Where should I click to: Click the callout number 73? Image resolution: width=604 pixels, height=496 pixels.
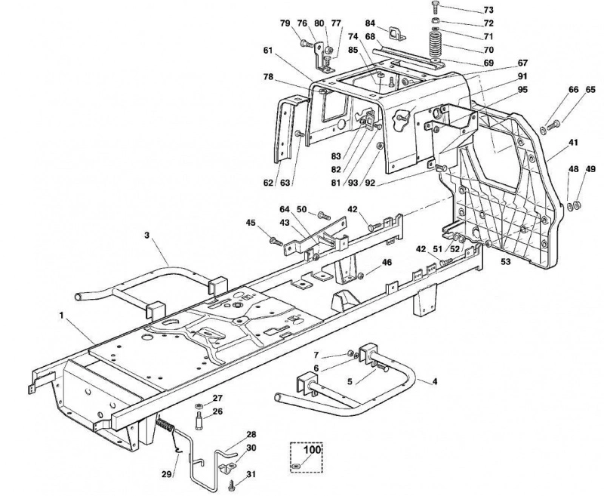tap(488, 10)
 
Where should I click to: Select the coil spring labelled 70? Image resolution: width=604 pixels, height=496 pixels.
tap(436, 45)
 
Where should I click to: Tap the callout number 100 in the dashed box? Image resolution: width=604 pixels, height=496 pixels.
tap(313, 450)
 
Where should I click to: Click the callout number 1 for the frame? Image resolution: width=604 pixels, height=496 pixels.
tap(61, 316)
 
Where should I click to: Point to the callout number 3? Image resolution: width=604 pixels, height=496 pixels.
tap(146, 235)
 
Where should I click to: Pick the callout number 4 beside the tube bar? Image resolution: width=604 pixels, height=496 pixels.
tap(435, 381)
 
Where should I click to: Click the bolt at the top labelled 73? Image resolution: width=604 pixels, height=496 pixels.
tap(436, 8)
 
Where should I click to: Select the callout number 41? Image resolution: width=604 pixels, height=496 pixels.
tap(574, 143)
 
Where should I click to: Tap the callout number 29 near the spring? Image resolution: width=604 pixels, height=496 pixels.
tap(166, 474)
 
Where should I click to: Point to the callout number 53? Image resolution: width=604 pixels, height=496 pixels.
tap(505, 261)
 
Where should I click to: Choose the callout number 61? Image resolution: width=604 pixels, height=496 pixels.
tap(268, 50)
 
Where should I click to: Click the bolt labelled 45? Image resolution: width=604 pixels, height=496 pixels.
tap(276, 242)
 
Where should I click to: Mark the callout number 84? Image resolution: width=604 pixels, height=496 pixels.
tap(370, 23)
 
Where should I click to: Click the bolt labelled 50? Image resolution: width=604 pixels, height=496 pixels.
tap(325, 215)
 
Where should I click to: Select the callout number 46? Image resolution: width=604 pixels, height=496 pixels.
tap(387, 262)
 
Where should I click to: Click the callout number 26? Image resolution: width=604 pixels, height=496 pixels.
tap(217, 411)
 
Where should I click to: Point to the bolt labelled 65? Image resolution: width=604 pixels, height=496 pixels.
tap(553, 125)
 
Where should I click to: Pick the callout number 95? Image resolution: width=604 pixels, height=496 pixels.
tap(522, 90)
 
